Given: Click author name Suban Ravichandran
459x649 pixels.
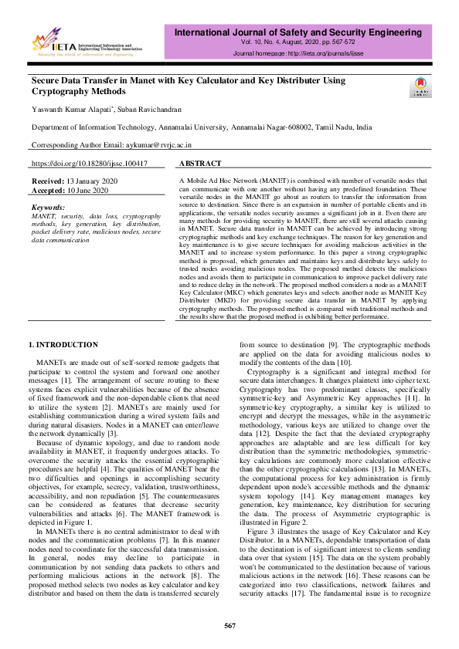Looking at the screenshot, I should coord(161,109).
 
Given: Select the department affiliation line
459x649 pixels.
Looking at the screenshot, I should coord(201,127).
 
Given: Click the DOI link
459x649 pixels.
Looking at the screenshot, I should coord(89,164).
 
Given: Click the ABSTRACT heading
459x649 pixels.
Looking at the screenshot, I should coord(200,164).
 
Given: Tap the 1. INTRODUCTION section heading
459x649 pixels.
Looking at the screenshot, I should coord(63,343).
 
